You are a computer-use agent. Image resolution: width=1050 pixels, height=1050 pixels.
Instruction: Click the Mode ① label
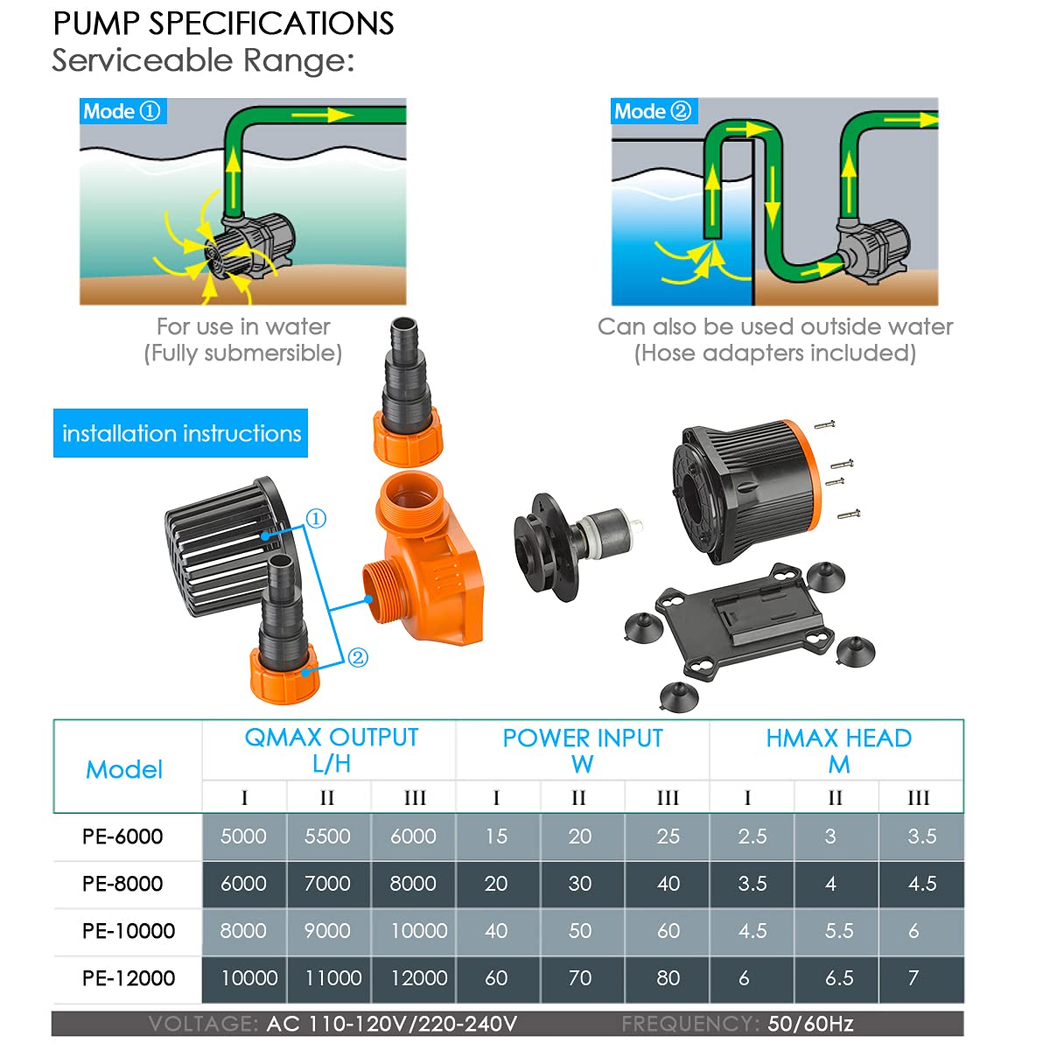[x=122, y=111]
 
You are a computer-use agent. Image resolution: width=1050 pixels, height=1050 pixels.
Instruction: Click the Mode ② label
[x=653, y=111]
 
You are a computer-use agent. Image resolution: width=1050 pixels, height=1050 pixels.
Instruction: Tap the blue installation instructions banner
[x=181, y=433]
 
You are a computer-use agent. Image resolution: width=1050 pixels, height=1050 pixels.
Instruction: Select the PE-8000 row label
[x=122, y=884]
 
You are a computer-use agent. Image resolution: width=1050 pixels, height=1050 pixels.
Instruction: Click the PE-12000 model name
[x=129, y=978]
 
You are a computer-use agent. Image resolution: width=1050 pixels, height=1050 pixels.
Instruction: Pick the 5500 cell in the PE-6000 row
[x=327, y=836]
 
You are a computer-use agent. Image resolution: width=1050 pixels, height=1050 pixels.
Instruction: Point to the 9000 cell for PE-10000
[x=327, y=931]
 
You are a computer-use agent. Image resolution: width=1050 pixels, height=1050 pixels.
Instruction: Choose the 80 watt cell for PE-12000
[x=668, y=978]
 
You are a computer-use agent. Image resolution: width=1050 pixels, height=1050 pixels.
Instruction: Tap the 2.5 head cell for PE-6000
[x=752, y=836]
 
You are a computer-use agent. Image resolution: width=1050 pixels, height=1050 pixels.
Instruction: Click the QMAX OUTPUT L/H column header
[x=331, y=750]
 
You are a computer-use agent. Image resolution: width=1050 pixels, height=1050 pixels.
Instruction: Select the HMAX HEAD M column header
[x=838, y=750]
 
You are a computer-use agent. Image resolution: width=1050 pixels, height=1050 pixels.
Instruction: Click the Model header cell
[x=124, y=769]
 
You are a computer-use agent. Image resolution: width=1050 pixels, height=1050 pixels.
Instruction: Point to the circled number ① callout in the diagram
[x=317, y=519]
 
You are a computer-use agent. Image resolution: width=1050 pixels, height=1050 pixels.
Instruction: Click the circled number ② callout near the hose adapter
[x=358, y=658]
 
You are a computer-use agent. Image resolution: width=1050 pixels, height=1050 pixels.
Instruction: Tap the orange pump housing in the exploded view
[x=424, y=569]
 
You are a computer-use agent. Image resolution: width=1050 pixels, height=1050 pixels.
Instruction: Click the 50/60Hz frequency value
[x=810, y=1024]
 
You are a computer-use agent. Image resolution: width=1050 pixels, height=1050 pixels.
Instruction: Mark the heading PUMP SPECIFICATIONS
[x=224, y=24]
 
